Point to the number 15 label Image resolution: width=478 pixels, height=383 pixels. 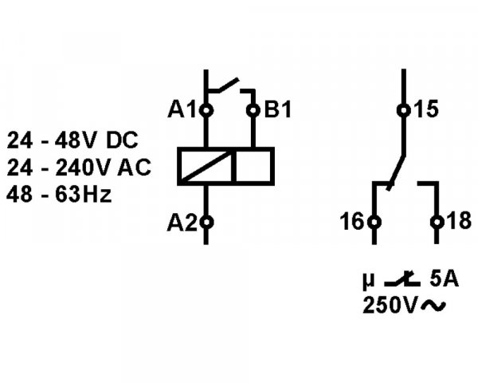(427, 110)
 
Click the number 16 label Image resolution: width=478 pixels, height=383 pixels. (351, 223)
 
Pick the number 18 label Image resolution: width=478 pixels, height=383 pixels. (456, 223)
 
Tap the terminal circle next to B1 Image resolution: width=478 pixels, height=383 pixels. (253, 110)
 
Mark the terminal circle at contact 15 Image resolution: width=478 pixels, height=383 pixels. (403, 110)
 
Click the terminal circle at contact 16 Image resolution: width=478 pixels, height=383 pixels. (374, 223)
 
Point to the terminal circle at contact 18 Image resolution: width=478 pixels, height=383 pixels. (436, 223)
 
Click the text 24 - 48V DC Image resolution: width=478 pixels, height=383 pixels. (72, 141)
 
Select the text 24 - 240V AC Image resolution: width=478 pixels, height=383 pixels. (79, 168)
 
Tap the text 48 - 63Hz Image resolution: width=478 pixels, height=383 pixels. (61, 194)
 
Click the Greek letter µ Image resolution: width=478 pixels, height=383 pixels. (367, 281)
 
